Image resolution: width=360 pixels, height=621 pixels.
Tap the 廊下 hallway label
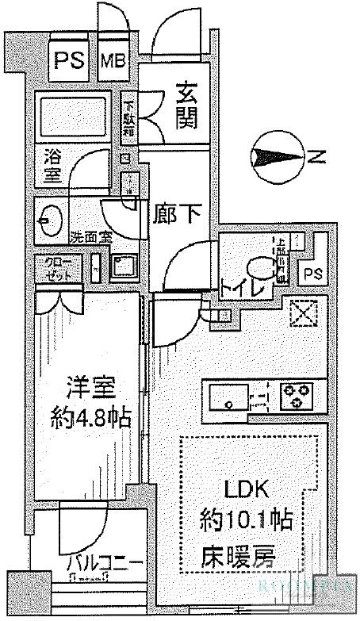tap(178, 214)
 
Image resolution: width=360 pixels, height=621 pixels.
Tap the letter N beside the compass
tap(315, 157)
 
